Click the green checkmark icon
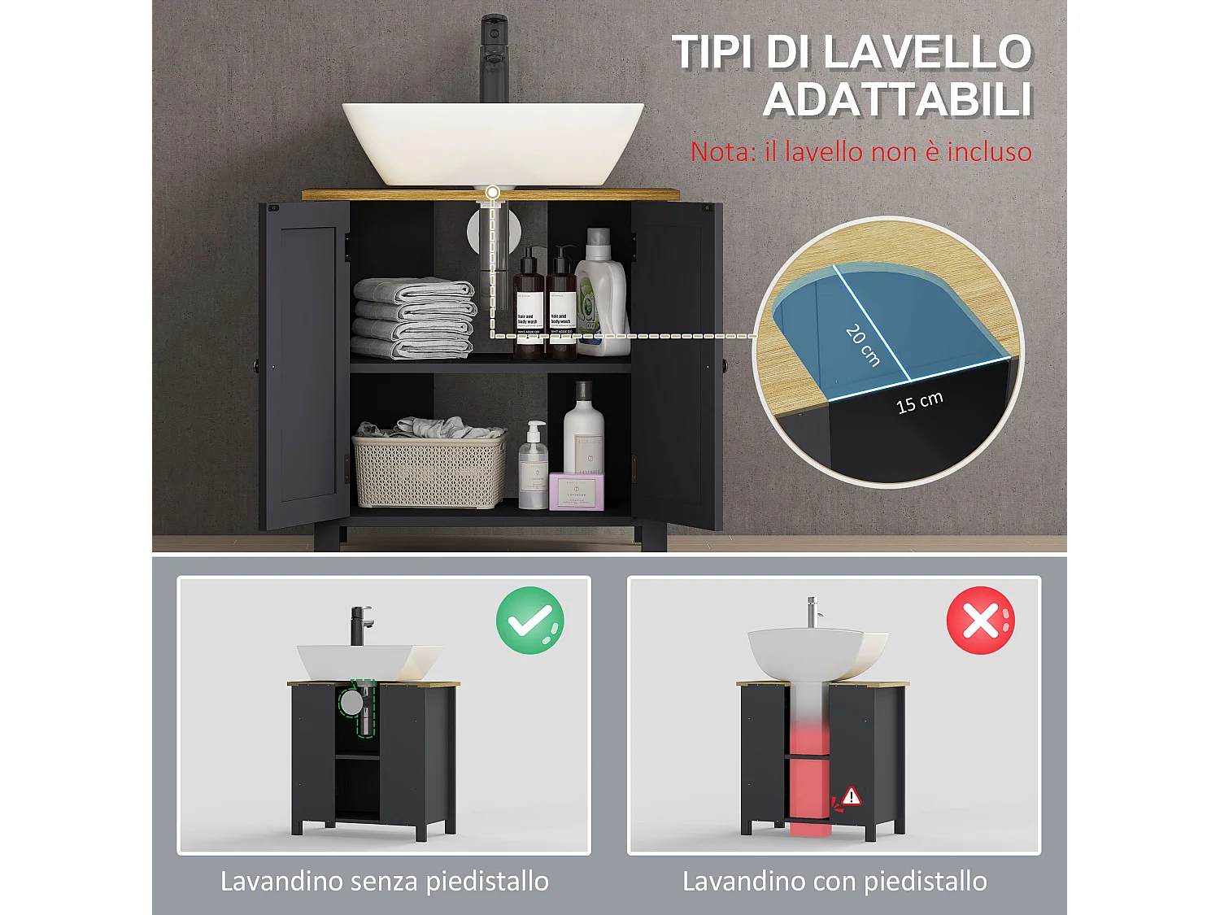point(529,620)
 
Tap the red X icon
point(980,620)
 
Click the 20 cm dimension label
point(863,345)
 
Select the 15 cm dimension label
point(919,402)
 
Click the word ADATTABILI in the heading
point(897,101)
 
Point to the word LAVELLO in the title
point(927,53)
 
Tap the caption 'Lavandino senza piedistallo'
point(385,881)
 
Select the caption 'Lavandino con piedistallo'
point(834,881)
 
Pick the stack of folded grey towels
point(414,318)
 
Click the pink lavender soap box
point(577,492)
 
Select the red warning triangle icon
point(851,796)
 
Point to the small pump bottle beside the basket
point(534,468)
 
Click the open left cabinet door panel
point(305,366)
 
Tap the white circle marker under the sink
point(492,193)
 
